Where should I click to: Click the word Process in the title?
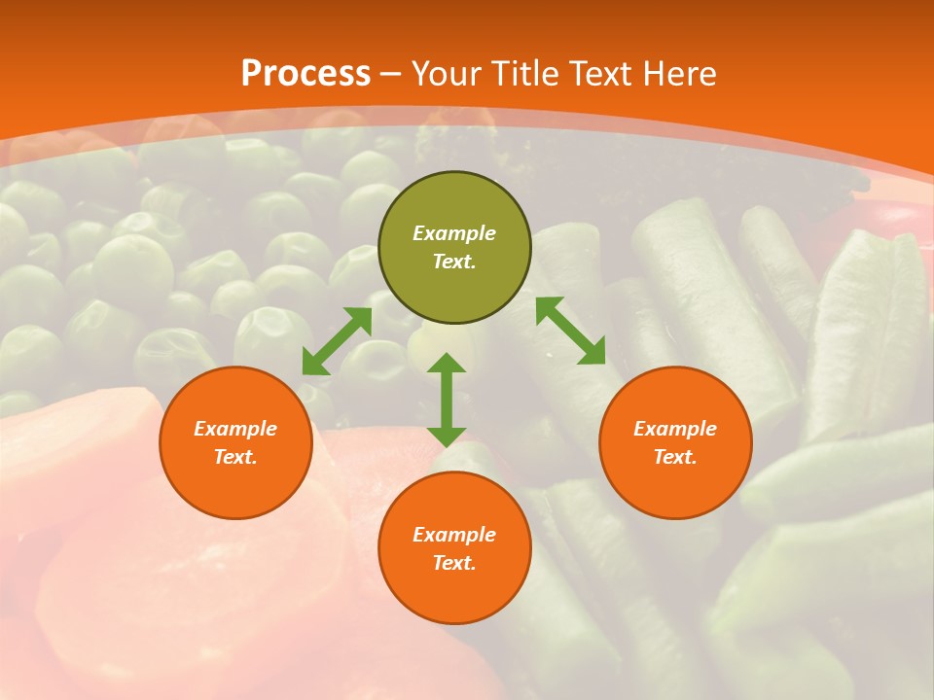305,74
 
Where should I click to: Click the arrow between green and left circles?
337,341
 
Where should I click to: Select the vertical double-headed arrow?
447,400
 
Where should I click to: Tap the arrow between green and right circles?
570,331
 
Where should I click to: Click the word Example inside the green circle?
454,233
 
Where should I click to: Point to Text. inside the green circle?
454,262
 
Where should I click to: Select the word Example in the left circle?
235,429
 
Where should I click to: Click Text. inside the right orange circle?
675,457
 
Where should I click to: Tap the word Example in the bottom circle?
454,535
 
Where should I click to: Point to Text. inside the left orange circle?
235,457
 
